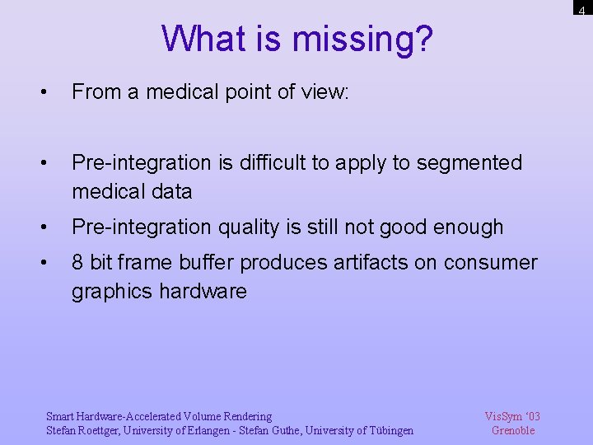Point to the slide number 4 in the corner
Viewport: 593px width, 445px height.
coord(581,10)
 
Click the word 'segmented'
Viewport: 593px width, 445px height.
coord(469,163)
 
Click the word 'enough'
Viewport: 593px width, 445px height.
coord(465,227)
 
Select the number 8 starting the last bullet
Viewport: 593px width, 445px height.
coord(77,263)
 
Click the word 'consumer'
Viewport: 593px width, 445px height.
coord(490,263)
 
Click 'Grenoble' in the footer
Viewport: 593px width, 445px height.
coord(513,430)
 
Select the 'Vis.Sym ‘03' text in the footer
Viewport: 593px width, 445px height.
coord(512,416)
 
